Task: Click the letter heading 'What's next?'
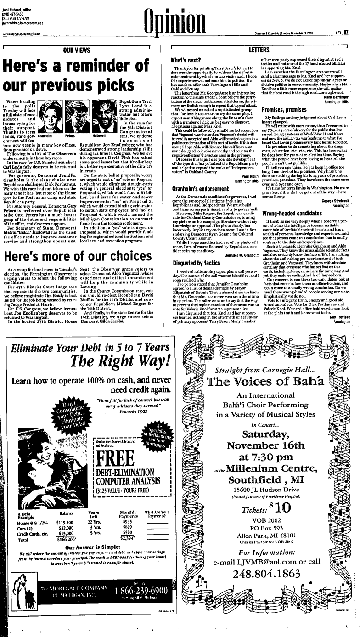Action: coord(184,60)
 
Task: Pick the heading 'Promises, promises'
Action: coord(284,110)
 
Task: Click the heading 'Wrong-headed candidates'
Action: coord(291,214)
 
